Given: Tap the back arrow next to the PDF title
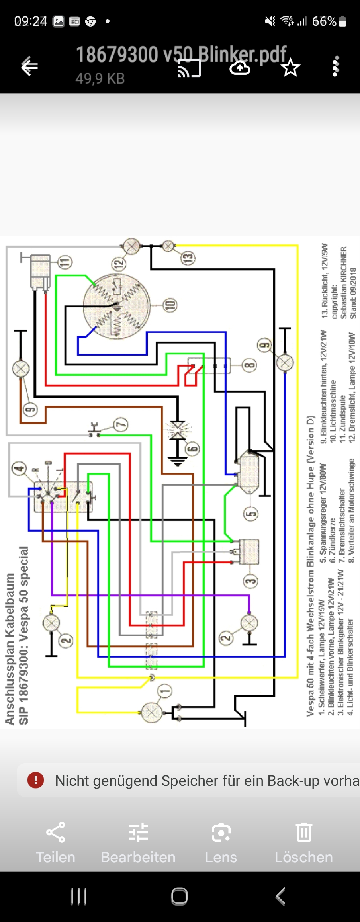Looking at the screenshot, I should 29,66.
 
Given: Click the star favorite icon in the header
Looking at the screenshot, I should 290,68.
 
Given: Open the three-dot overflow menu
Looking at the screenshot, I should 336,66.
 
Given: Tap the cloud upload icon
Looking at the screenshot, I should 240,68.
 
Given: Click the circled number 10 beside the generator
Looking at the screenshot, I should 170,305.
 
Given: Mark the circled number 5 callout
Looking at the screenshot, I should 250,514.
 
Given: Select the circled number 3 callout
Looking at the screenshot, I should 250,581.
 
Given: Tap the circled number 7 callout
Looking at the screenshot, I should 121,424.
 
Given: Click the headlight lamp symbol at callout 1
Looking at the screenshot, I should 151,712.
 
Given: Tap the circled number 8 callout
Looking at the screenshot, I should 250,365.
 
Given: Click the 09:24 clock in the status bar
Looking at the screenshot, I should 31,21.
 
